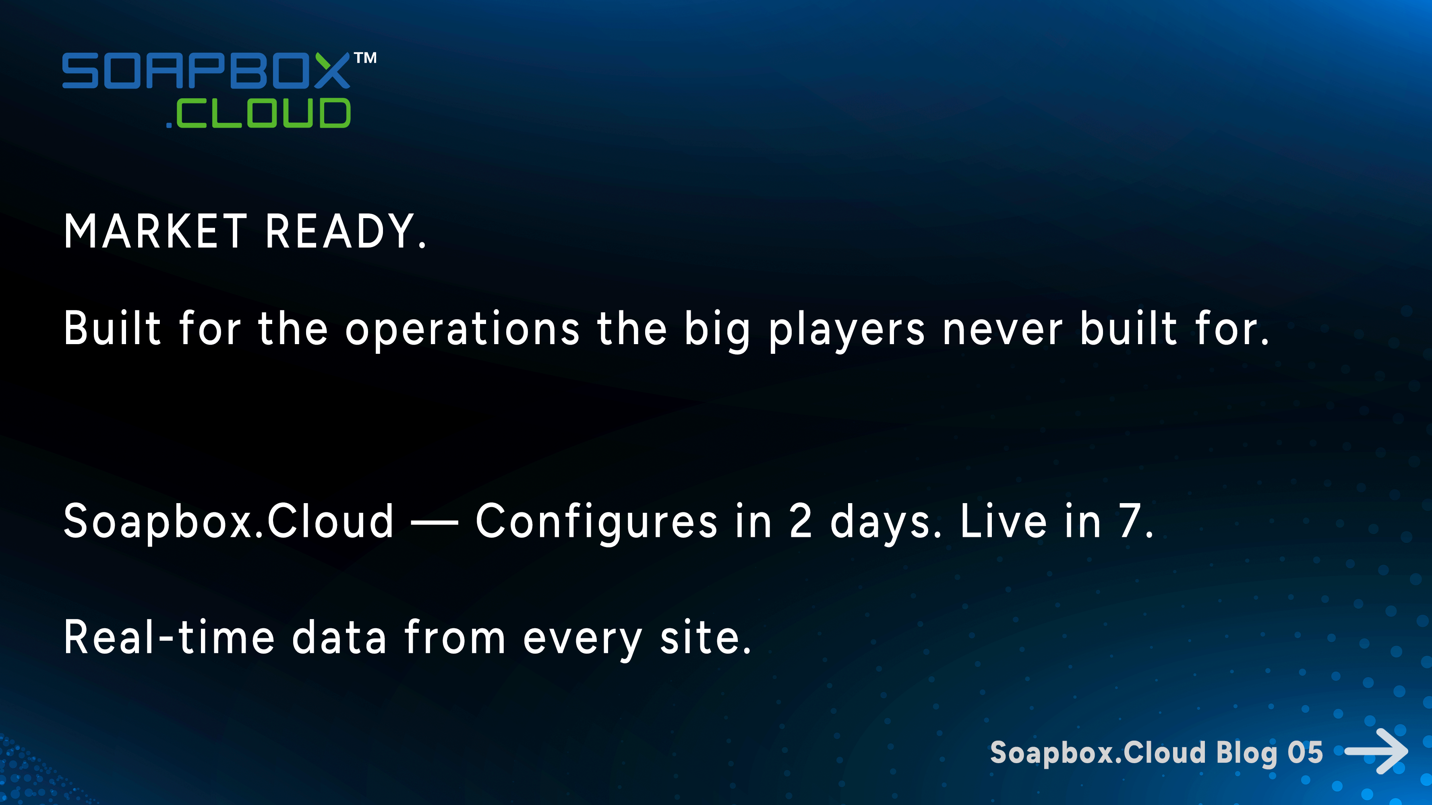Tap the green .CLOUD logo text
[259, 114]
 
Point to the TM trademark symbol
[365, 58]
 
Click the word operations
[463, 329]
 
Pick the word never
[1002, 329]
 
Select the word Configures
[596, 522]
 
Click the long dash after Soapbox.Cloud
[434, 522]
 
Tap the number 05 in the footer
[1305, 753]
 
